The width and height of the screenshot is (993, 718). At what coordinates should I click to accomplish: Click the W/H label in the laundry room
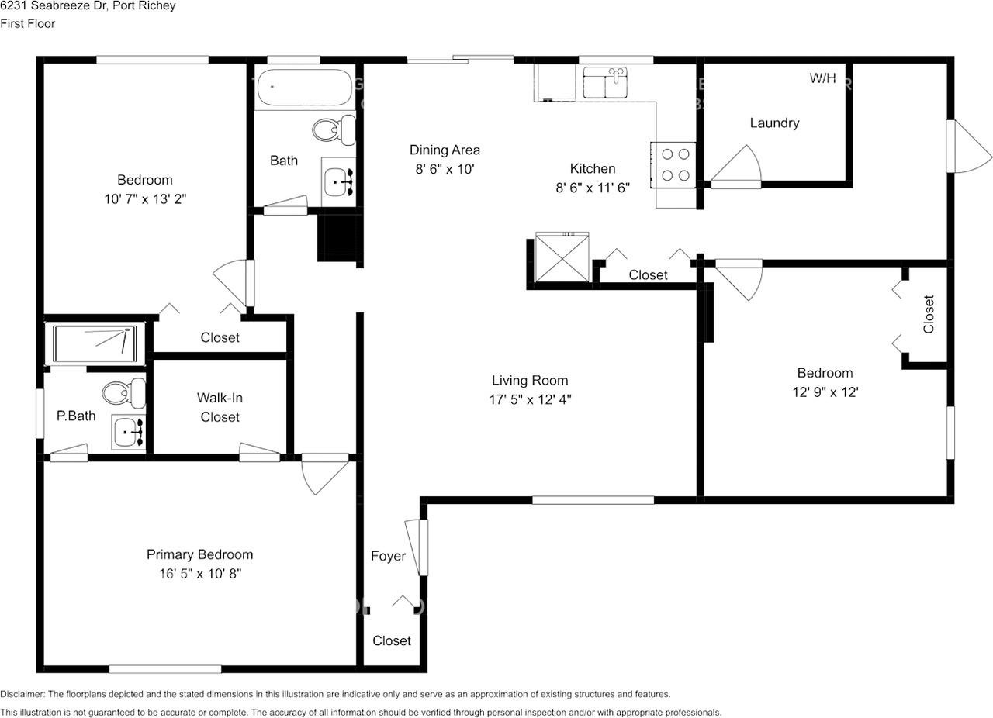point(822,78)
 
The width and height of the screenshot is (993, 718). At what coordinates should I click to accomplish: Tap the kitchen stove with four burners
point(673,165)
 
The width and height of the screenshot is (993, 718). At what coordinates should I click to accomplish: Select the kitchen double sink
point(605,82)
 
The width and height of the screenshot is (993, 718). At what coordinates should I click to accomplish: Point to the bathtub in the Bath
point(305,87)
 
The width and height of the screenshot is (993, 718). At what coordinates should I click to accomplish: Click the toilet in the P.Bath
point(124,393)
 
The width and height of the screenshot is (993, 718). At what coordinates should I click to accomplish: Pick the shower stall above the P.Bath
point(95,344)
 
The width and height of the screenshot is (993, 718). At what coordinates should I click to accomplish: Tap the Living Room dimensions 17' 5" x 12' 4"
point(530,399)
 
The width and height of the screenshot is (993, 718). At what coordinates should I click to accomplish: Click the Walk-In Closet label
point(220,407)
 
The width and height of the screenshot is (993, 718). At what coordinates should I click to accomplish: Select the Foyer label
point(389,556)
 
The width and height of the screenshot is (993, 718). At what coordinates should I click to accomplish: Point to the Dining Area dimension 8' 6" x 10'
point(445,169)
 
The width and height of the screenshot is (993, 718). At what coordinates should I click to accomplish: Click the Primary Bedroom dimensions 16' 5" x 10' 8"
point(200,574)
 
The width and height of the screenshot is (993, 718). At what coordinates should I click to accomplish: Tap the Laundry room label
point(774,123)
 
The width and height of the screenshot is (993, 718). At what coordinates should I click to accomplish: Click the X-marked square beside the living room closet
point(562,257)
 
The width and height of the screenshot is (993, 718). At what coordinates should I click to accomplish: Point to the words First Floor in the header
point(27,23)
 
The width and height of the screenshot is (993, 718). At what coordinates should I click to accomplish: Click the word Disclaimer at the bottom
point(22,694)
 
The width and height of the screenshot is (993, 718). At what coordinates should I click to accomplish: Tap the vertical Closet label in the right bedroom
point(929,314)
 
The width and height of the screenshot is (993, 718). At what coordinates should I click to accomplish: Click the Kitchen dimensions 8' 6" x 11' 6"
point(593,188)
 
